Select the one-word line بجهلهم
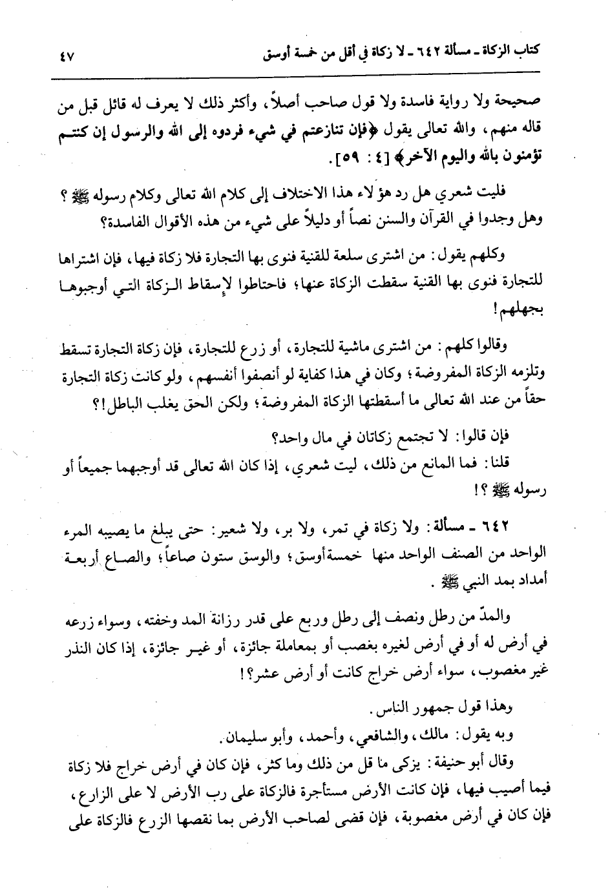523,308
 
